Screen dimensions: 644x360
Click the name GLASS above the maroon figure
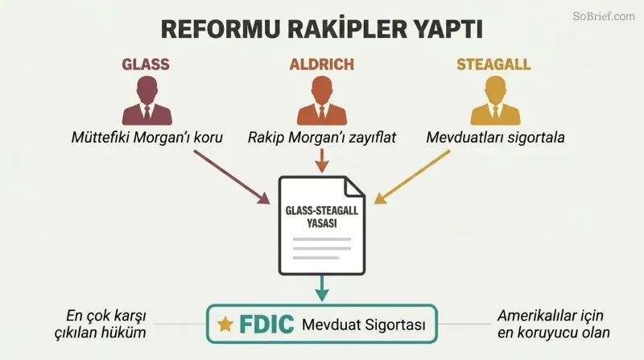146,64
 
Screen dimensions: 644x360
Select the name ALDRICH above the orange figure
321,64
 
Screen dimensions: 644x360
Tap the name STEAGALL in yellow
493,64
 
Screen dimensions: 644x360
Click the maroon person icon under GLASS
147,101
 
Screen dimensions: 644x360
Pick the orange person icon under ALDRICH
322,101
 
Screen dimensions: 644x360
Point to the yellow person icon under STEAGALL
495,101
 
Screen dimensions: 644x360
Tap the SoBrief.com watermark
604,16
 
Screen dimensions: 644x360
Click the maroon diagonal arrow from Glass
232,176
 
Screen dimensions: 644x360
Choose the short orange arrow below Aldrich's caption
322,161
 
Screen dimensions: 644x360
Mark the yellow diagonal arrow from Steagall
412,176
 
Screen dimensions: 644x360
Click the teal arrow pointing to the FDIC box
322,288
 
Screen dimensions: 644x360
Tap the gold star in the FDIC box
225,325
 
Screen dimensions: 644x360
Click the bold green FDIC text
266,325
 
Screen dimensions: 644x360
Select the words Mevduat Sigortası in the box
364,325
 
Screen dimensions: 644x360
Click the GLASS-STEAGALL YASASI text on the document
322,217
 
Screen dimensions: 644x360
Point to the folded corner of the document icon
354,187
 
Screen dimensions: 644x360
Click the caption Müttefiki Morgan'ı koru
147,137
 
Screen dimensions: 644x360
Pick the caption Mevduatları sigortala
495,137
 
